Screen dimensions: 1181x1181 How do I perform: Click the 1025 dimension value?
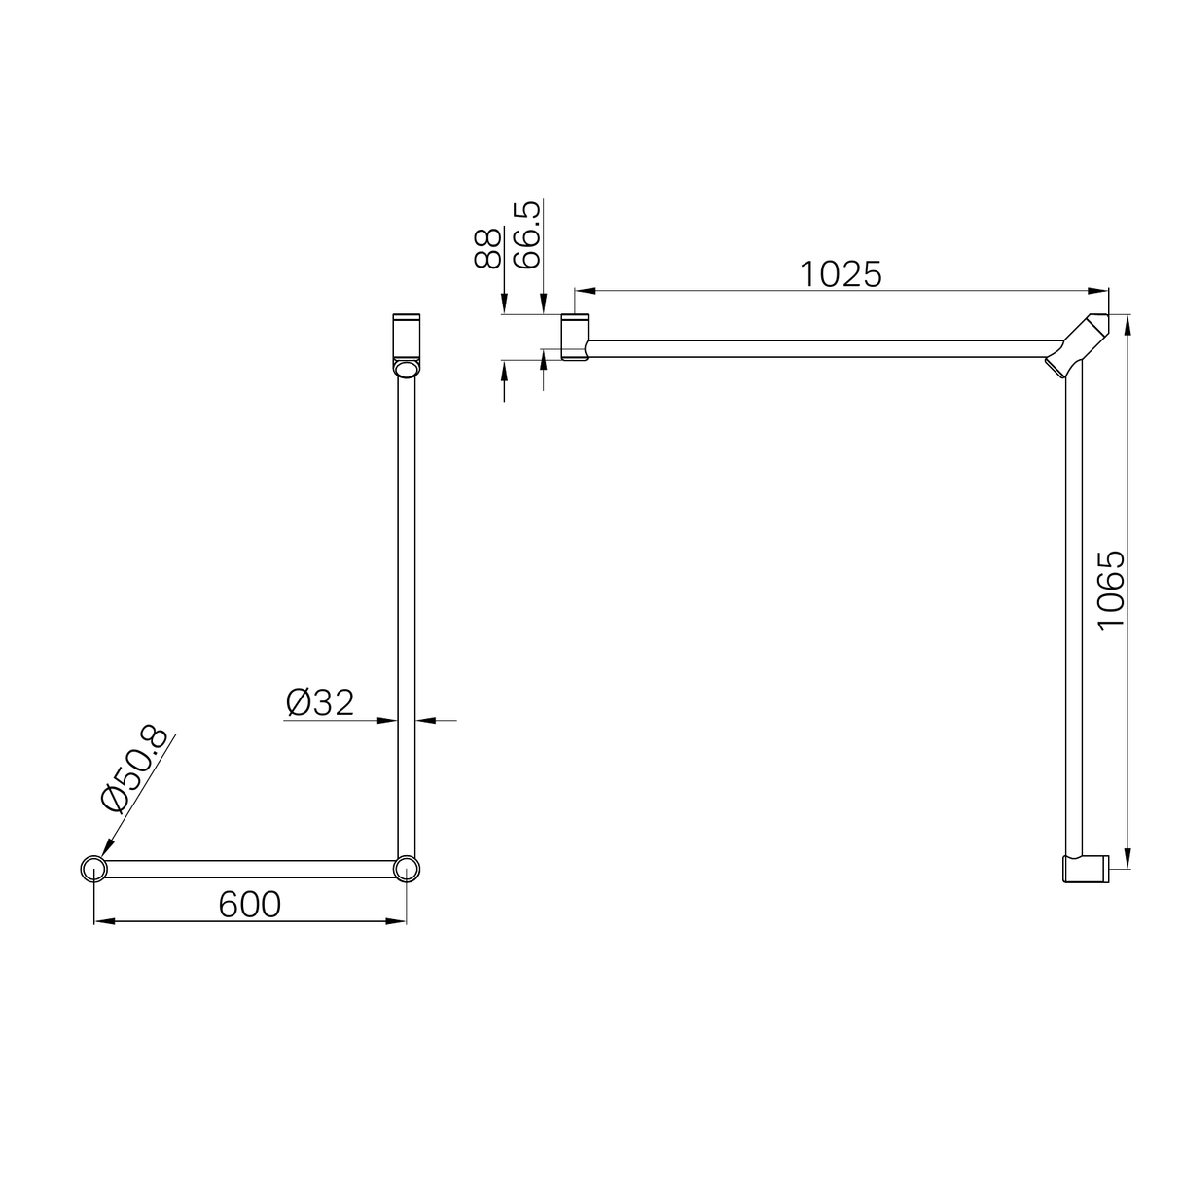pyautogui.click(x=841, y=274)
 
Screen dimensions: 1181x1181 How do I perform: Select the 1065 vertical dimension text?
pyautogui.click(x=1110, y=590)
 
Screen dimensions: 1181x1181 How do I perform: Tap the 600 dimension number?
pyautogui.click(x=250, y=904)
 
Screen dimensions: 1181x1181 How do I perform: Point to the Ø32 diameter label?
pyautogui.click(x=321, y=701)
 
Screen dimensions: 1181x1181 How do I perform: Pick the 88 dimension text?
pyautogui.click(x=487, y=247)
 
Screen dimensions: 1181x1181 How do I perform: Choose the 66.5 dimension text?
pyautogui.click(x=526, y=235)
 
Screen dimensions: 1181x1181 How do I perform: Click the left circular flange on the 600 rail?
pyautogui.click(x=93, y=869)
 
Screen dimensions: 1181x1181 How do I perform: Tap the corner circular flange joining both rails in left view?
pyautogui.click(x=407, y=869)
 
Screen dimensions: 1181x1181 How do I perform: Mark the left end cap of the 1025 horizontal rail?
pyautogui.click(x=575, y=337)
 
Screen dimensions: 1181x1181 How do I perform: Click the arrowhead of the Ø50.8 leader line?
pyautogui.click(x=102, y=852)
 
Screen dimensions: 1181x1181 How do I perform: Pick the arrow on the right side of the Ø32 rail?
pyautogui.click(x=425, y=720)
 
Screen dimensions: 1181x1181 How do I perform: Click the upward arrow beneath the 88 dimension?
pyautogui.click(x=504, y=371)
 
